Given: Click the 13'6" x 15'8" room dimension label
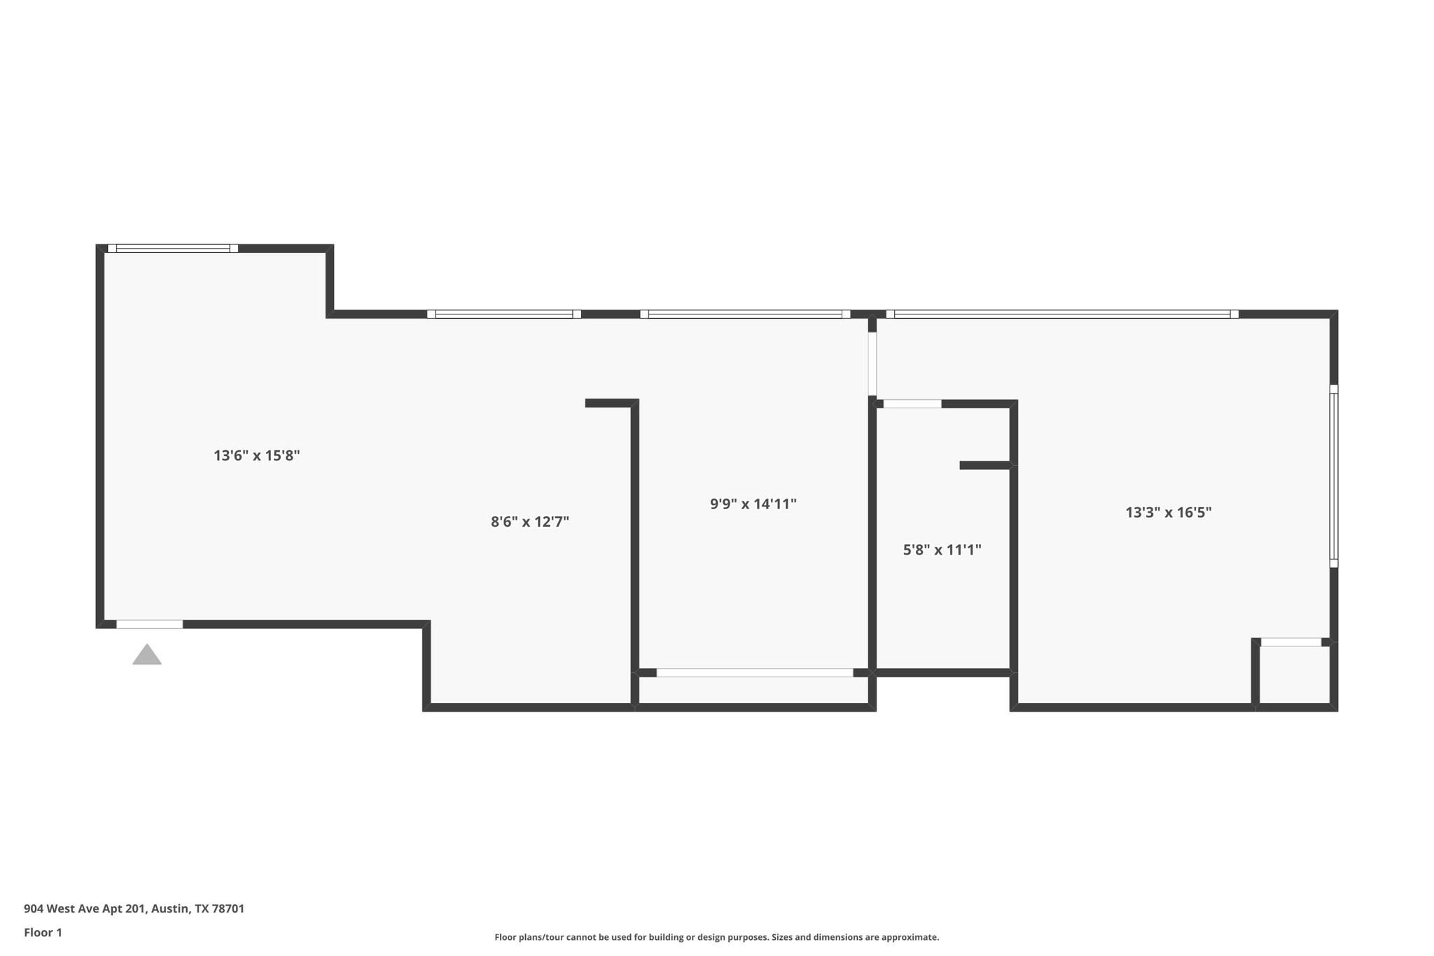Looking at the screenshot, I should (256, 456).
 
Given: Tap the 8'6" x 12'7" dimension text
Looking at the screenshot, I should (529, 522).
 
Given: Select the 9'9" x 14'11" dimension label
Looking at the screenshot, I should (753, 504).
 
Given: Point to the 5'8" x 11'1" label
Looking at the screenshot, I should (942, 550).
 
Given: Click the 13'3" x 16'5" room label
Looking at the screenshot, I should (1168, 513).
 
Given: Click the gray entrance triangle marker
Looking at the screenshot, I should (147, 656).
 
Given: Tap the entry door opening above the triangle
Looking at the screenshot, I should (149, 624).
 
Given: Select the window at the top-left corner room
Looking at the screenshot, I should (173, 248).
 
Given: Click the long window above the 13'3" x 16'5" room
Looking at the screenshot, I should (1061, 314).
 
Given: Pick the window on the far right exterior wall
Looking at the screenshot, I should (1333, 476).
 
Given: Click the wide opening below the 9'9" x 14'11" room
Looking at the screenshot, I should (754, 672).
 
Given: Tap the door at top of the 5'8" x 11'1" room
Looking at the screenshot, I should (912, 403).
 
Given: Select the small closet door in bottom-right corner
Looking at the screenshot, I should (1290, 642).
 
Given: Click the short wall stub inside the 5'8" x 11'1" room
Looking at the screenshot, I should (984, 465).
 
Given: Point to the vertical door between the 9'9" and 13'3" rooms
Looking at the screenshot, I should (872, 364).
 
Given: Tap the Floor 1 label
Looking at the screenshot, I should (43, 932).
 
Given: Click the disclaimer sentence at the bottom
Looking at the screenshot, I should (716, 937).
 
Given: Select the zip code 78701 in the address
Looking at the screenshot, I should (228, 908).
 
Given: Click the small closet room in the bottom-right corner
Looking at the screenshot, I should (1294, 674).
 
